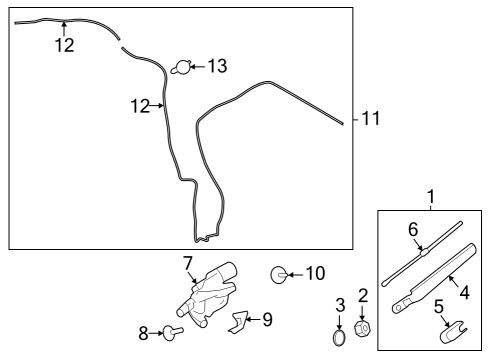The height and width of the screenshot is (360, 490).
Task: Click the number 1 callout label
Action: point(431,196)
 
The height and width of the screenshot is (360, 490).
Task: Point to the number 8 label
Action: point(143,333)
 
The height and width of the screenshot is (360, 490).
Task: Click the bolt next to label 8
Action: point(172,332)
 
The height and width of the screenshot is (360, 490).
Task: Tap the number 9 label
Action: point(267,320)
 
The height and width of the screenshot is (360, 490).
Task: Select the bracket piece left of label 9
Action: point(238,321)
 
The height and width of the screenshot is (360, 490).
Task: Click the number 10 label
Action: point(315,272)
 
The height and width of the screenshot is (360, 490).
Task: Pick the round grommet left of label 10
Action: point(280,272)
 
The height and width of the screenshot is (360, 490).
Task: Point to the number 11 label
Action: point(371,119)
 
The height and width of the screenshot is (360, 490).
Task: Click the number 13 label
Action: point(216,67)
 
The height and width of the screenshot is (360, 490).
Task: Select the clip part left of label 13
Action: point(181,68)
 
